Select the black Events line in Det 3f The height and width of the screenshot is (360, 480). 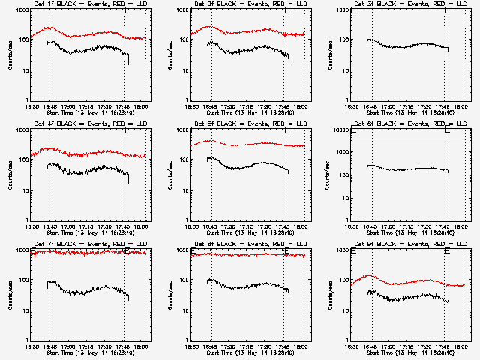click(405, 46)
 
